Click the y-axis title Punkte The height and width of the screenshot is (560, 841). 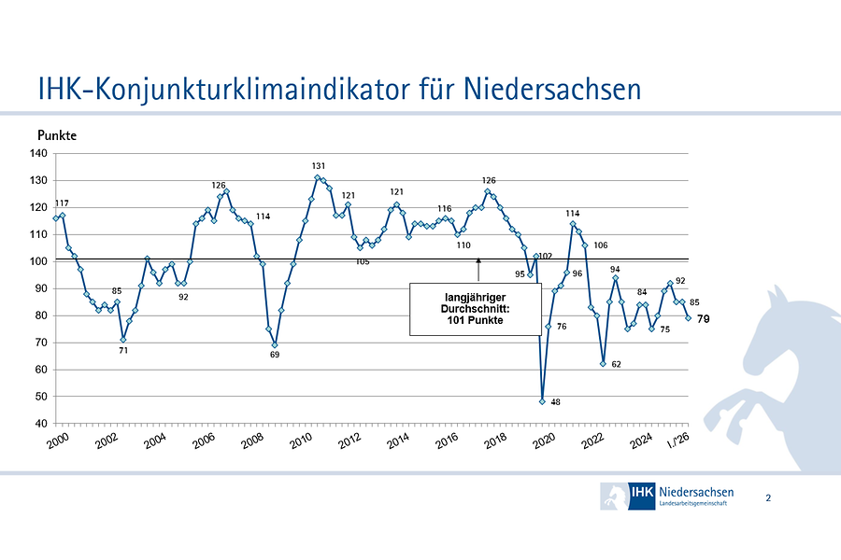tap(56, 136)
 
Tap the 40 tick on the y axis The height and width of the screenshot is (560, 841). tap(41, 423)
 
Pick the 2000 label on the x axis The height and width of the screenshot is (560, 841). tap(58, 441)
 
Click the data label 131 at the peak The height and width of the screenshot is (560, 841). tap(319, 165)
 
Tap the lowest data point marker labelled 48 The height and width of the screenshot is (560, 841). tap(542, 401)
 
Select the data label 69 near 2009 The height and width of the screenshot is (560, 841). tap(275, 355)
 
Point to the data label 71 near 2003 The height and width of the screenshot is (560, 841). tap(123, 351)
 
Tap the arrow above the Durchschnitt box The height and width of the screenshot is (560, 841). tap(478, 272)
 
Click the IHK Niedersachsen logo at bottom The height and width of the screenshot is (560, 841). tap(667, 497)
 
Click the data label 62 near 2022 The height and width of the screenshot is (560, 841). tap(616, 364)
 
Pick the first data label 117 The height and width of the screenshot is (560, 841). tap(62, 203)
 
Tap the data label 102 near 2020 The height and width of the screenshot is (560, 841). tap(546, 256)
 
